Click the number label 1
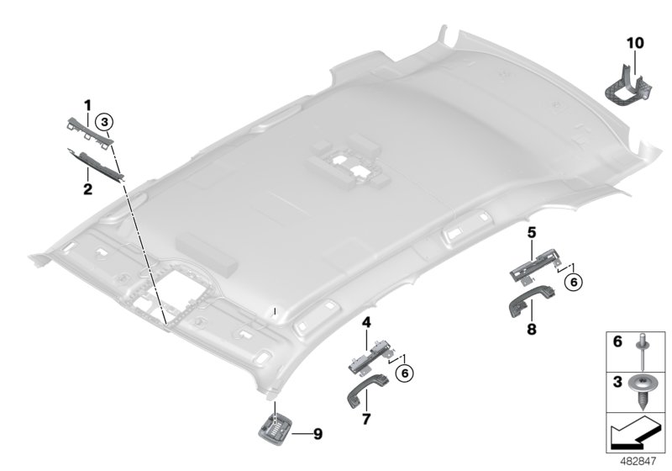click(x=87, y=104)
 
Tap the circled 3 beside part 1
click(x=103, y=122)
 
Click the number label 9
click(x=317, y=434)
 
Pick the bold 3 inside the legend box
click(x=617, y=381)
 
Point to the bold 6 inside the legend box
click(x=617, y=343)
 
